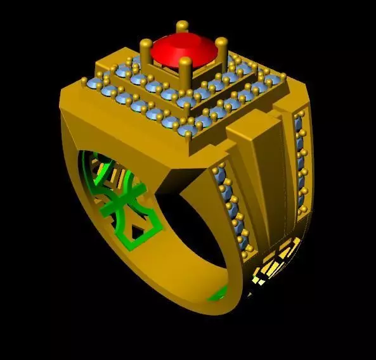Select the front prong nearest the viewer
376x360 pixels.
click(185, 70)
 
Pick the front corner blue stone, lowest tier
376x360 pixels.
click(188, 131)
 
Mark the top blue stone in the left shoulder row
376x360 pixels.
click(221, 173)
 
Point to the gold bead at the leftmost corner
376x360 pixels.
click(83, 80)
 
